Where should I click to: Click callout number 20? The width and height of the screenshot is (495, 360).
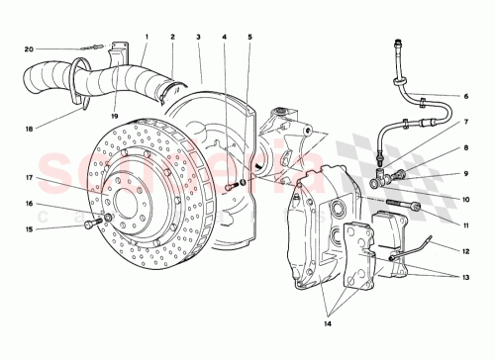click(x=30, y=48)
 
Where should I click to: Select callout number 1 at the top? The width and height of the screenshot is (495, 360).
click(x=147, y=37)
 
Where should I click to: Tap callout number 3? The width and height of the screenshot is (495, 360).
click(x=198, y=37)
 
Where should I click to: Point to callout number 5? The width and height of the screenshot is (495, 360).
click(x=225, y=37)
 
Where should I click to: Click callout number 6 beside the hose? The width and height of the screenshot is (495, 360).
click(x=250, y=37)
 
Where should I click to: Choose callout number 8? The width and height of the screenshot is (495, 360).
click(x=466, y=96)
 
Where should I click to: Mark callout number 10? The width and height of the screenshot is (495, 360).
click(x=466, y=123)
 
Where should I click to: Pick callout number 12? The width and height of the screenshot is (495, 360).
click(x=466, y=148)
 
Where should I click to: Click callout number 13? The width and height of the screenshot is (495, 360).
click(x=466, y=174)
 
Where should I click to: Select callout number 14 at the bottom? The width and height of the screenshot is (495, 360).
click(x=466, y=200)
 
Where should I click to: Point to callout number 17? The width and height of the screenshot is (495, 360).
click(x=466, y=251)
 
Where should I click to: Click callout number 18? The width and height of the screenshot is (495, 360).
click(x=466, y=278)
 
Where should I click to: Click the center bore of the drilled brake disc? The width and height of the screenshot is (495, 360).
click(x=30, y=229)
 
